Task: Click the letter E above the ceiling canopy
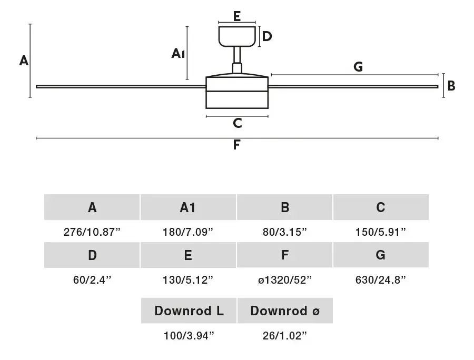[x=237, y=16]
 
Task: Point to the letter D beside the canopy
[x=267, y=36]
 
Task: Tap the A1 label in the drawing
[x=178, y=54]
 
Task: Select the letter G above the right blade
[x=358, y=66]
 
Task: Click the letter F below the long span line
[x=236, y=145]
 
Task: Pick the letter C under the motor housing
[x=238, y=123]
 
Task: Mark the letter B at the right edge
[x=451, y=86]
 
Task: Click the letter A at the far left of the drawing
[x=24, y=61]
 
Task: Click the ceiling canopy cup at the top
[x=238, y=36]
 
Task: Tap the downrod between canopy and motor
[x=238, y=55]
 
